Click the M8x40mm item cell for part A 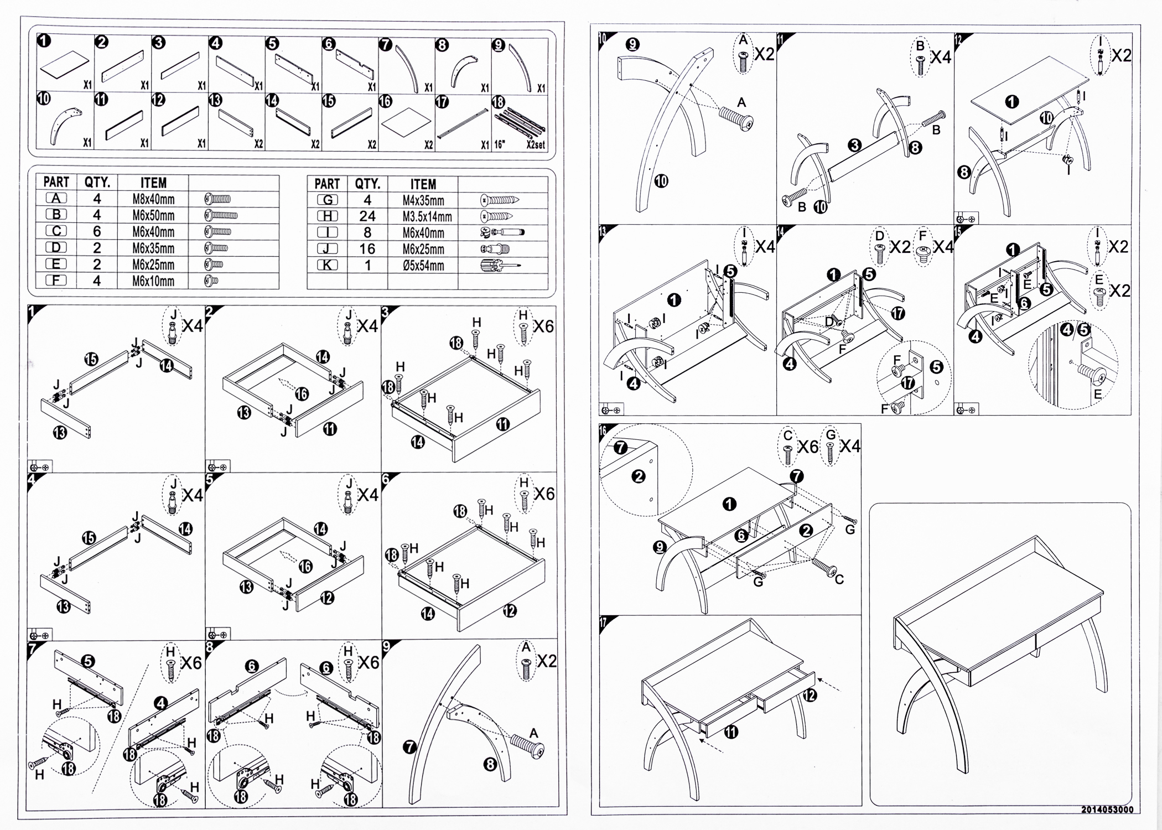pos(153,199)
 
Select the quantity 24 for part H pos(367,216)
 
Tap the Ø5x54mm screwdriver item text pos(423,266)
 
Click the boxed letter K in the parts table pos(327,265)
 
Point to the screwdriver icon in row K pos(500,265)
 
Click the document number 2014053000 pos(1107,810)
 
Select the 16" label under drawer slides pos(500,145)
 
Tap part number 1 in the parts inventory pos(44,40)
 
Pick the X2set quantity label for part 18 pos(535,145)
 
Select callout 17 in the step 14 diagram pos(898,313)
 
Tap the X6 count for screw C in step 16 pos(807,447)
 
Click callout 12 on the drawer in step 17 pos(810,694)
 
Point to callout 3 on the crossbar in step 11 pos(854,146)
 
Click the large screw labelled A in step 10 pos(736,119)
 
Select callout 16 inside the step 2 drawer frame pos(302,394)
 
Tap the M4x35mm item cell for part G pos(423,200)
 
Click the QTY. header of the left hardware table pos(97,182)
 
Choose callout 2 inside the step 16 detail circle pos(639,476)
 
